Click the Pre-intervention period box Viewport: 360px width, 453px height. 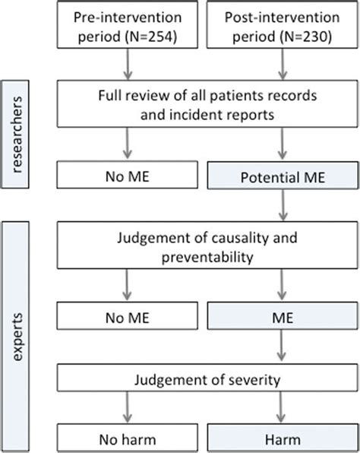point(128,24)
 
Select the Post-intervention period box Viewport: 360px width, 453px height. point(283,24)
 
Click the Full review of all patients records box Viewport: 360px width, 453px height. point(207,103)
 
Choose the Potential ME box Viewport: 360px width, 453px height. point(283,176)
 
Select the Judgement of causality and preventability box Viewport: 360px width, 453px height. point(207,246)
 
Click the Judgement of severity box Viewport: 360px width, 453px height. point(207,377)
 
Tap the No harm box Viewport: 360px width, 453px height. point(128,438)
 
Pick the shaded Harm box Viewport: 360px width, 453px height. point(283,438)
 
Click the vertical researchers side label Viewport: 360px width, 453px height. point(16,135)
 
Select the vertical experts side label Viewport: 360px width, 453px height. point(16,337)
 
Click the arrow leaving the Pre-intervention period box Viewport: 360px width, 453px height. point(128,64)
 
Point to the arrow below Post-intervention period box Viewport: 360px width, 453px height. point(283,64)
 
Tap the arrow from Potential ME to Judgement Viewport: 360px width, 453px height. point(283,205)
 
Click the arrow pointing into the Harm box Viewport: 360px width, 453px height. point(281,407)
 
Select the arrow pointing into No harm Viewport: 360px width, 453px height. point(128,407)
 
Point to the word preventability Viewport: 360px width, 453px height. point(207,258)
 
